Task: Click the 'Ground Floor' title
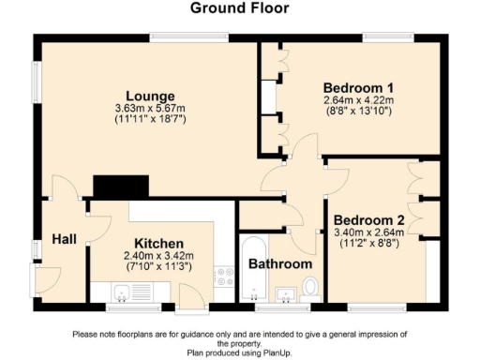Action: (240, 8)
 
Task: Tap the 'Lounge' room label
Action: (151, 96)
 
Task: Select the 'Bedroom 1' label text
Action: (357, 88)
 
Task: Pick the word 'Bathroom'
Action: (279, 264)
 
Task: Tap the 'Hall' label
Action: (64, 240)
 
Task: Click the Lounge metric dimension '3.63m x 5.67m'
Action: (151, 108)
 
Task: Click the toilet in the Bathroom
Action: (310, 287)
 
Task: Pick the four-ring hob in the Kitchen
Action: (225, 276)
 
